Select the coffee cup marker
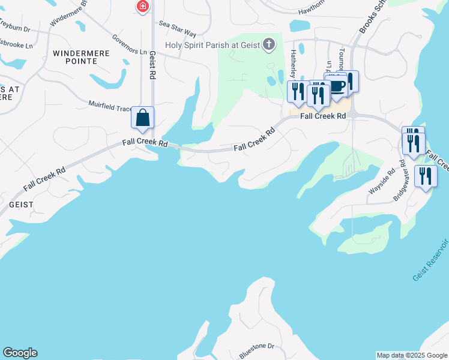(337, 85)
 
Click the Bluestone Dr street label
(256, 347)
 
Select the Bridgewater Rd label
(402, 184)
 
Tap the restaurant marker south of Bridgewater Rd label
(426, 176)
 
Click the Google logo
(20, 353)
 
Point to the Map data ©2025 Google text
(411, 355)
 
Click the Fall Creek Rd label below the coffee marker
(324, 115)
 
